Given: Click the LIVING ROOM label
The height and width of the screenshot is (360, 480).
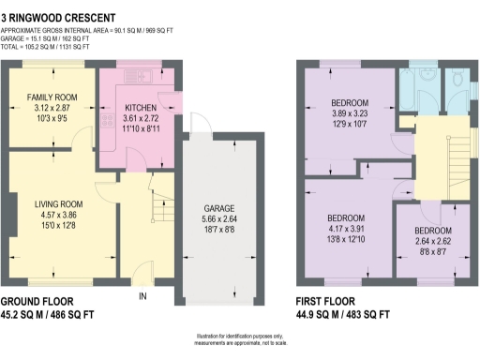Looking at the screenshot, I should (x=54, y=203).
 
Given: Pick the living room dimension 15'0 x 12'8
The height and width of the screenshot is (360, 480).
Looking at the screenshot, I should (x=54, y=226).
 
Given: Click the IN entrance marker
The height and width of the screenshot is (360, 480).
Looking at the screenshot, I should (x=143, y=297).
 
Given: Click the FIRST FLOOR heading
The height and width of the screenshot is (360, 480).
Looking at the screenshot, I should (x=324, y=302).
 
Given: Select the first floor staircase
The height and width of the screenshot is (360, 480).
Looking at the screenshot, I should (x=457, y=150).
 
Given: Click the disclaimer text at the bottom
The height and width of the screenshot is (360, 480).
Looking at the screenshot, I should (x=240, y=343).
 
